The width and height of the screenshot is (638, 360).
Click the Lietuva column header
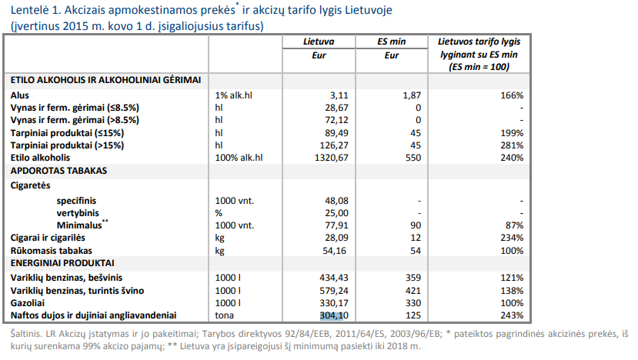tap(317, 42)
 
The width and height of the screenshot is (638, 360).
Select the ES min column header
tap(391, 42)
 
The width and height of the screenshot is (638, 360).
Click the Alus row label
tap(20, 95)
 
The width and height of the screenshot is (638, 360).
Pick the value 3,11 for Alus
tap(339, 95)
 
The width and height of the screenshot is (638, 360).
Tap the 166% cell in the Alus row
tap(511, 95)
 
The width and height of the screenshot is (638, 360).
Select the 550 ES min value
tap(413, 157)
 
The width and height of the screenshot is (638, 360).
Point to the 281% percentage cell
tap(511, 145)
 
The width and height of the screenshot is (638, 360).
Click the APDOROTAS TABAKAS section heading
tap(58, 170)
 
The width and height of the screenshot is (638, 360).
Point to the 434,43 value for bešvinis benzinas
tap(333, 277)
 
